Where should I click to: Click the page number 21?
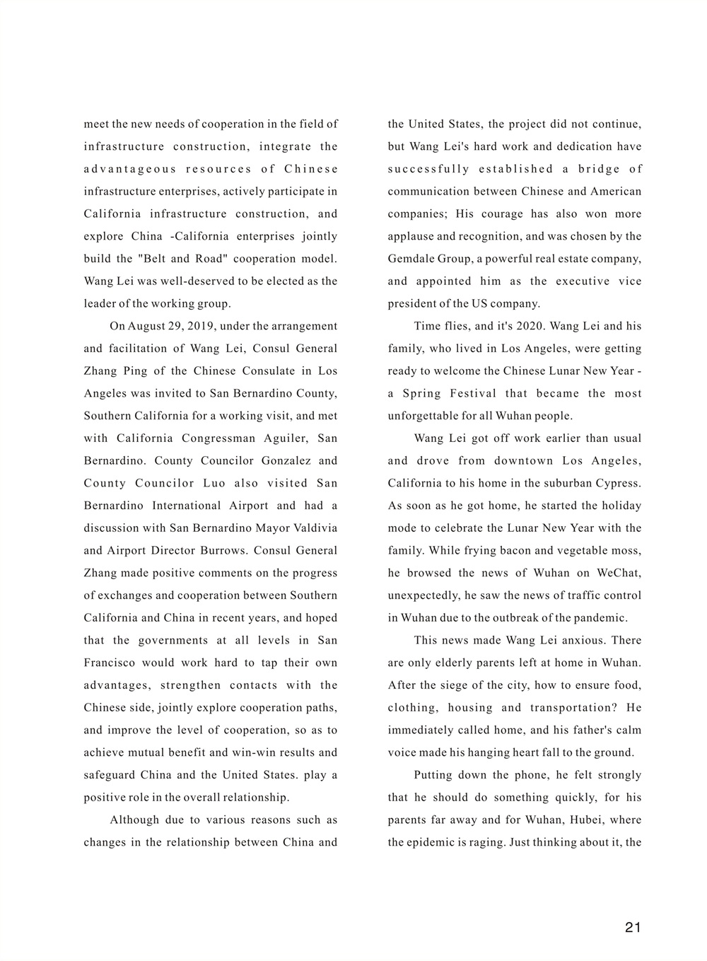coord(633,927)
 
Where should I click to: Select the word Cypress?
coord(617,484)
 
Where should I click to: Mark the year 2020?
coord(528,326)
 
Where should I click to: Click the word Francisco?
coord(110,663)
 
